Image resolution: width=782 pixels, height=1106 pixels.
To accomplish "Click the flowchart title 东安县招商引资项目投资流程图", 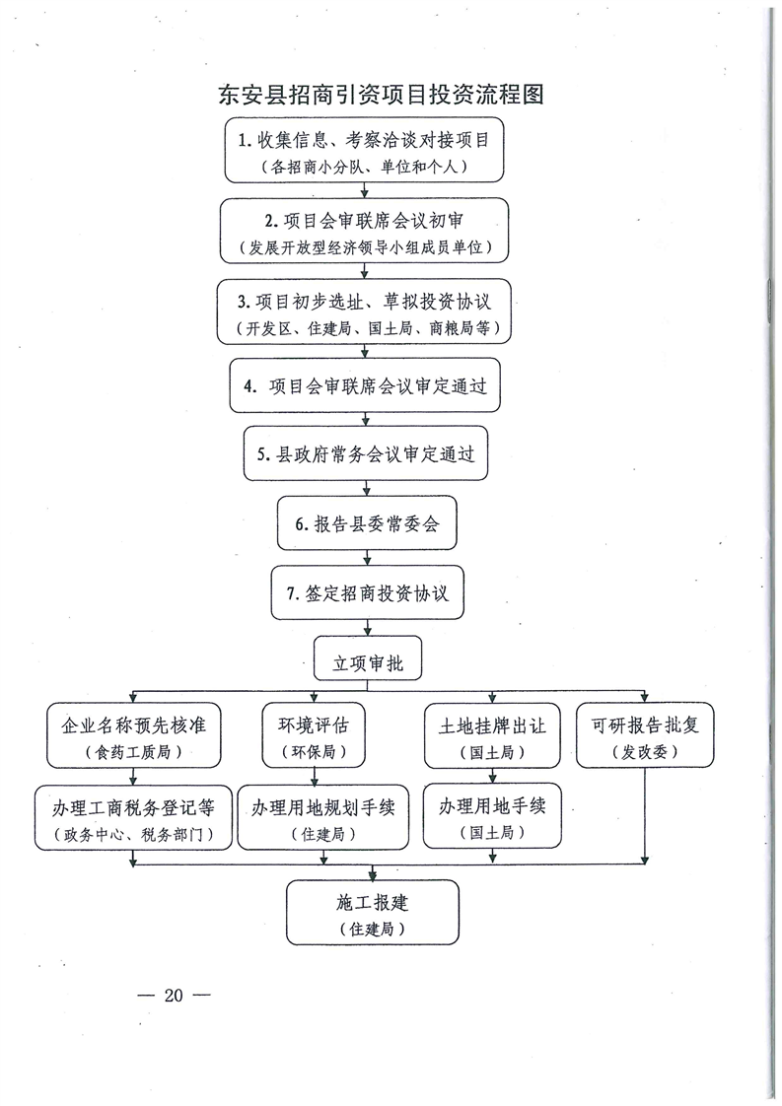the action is point(381,94).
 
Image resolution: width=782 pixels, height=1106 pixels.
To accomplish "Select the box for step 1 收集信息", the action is point(364,150).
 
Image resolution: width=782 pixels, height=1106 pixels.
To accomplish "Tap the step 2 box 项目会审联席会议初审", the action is point(364,232).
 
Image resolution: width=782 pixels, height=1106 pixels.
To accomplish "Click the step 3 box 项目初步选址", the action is point(364,311).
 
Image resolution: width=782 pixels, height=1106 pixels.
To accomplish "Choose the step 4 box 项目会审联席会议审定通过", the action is point(365,385).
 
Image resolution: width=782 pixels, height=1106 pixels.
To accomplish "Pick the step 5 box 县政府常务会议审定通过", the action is point(366,453).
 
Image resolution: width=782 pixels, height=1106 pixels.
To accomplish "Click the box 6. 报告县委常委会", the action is point(367,523).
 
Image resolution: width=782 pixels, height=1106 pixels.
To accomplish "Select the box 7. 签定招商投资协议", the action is point(368,592).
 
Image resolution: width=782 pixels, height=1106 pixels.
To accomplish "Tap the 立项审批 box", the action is point(368,658).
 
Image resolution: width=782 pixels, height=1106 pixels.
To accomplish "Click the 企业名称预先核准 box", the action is point(134,735).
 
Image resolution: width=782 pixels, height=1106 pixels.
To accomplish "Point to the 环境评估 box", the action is point(314,735).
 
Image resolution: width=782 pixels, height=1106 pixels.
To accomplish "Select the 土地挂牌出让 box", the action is point(492,735).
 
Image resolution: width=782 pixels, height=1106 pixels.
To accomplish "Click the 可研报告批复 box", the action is point(645,735).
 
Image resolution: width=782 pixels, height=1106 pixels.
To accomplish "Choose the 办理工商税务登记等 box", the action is point(133,817).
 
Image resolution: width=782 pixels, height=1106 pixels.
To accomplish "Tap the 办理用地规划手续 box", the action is point(323,816).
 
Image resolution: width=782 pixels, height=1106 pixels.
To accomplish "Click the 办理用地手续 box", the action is point(493,814).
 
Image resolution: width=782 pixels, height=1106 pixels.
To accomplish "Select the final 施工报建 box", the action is point(373,913).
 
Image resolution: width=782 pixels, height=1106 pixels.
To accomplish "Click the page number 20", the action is point(174,996).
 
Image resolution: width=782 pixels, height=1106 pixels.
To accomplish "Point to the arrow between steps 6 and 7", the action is point(367,558).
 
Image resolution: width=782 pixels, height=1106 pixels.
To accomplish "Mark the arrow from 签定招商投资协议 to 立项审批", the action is point(367,629).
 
